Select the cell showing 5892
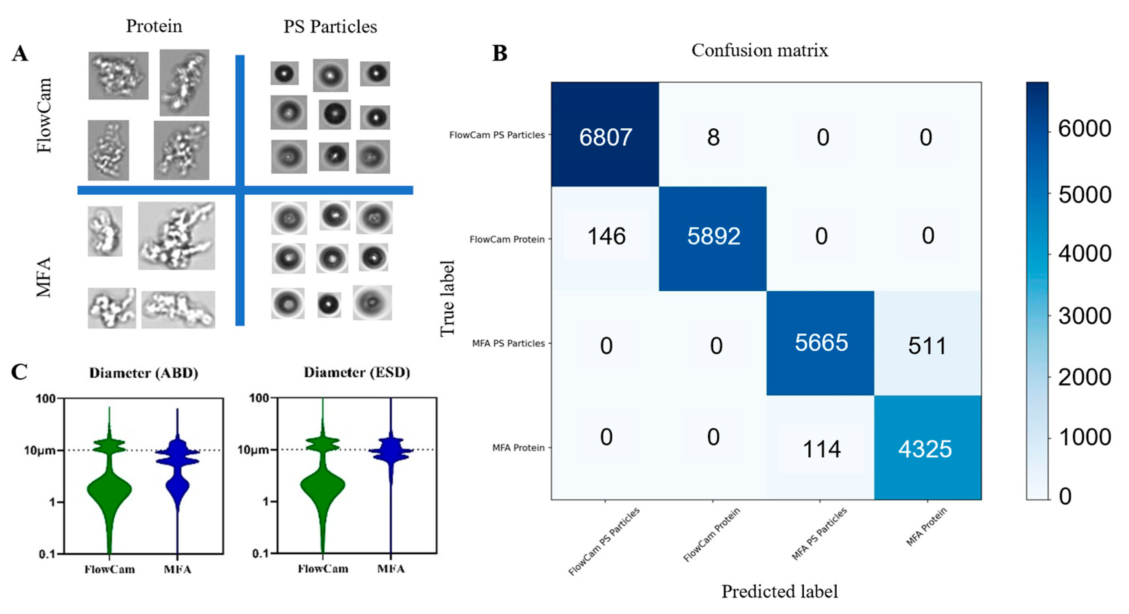713,236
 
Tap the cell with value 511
927,346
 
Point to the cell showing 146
606,236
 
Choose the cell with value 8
713,137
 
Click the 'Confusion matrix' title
759,50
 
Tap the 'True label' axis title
447,298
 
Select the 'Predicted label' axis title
779,591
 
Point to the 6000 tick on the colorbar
1085,129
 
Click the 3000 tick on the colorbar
1085,316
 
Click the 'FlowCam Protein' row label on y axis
507,239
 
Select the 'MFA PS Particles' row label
508,343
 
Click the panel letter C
19,372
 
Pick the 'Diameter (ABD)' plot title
144,372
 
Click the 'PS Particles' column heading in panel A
330,27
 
